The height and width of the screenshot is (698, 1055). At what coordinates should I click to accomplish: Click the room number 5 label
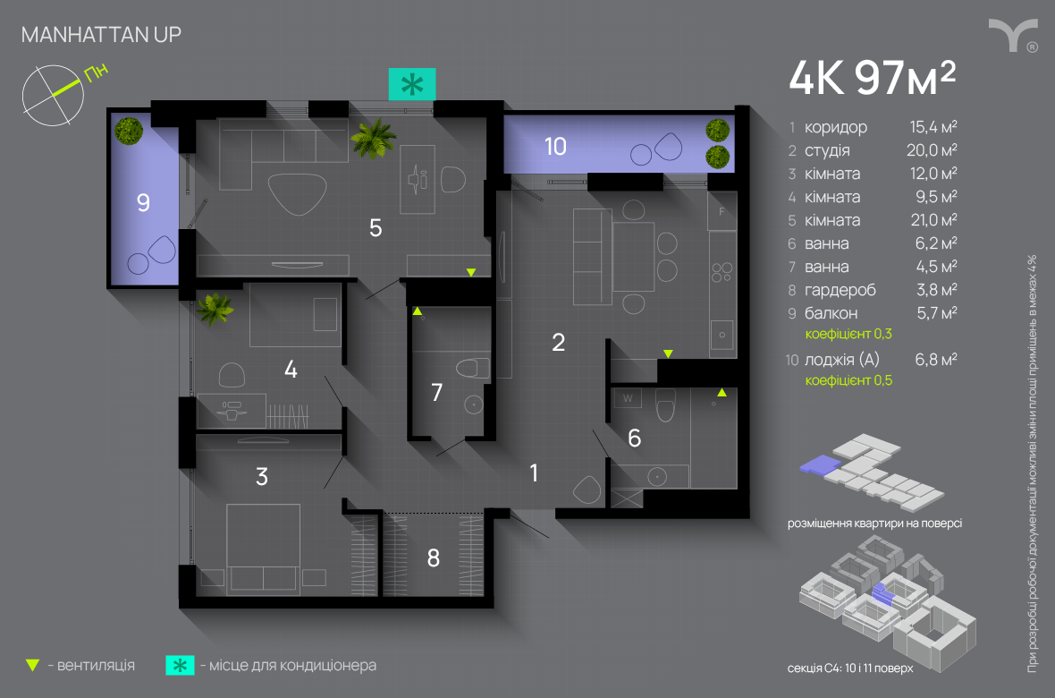point(376,228)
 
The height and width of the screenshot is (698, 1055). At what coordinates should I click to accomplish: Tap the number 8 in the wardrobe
point(434,558)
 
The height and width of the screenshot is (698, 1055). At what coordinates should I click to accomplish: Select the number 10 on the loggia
point(555,146)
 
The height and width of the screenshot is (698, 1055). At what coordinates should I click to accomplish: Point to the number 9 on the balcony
point(143,203)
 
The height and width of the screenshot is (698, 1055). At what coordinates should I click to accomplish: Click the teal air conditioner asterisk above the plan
point(411,85)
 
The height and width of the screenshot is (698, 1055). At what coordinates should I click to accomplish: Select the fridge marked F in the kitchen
point(722,212)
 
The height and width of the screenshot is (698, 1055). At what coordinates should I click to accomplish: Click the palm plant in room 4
point(215,309)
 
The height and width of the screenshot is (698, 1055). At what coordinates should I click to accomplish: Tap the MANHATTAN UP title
point(100,35)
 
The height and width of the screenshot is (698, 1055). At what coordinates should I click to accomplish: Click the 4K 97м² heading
point(872,79)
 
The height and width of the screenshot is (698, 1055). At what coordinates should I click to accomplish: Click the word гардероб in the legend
point(840,290)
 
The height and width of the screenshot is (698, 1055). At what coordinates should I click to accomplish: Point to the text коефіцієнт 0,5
point(848,380)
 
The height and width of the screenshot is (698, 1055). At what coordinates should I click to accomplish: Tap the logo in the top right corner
point(1012,35)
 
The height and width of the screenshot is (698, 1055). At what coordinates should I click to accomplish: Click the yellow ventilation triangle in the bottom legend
point(33,665)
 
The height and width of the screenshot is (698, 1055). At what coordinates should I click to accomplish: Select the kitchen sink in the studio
point(722,336)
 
